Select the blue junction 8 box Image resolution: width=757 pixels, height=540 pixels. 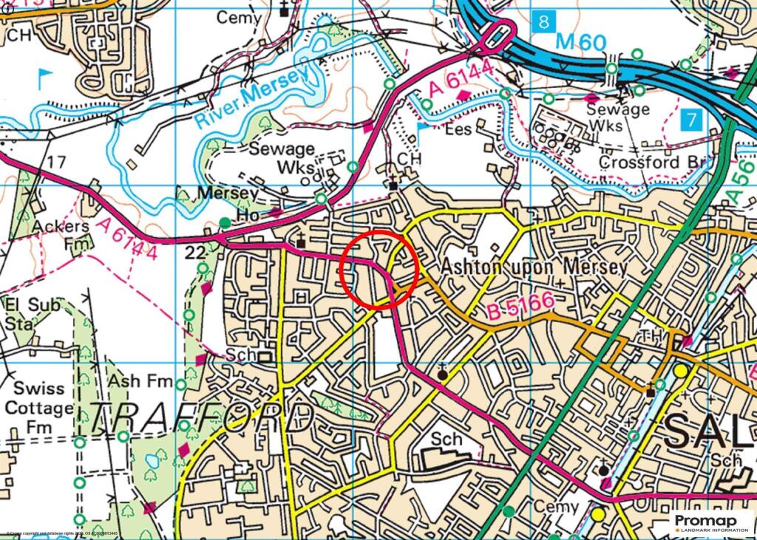click(x=543, y=21)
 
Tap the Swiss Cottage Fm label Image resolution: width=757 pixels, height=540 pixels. click(x=38, y=407)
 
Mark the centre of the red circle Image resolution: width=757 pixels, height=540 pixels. click(x=380, y=269)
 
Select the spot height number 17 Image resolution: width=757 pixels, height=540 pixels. click(x=55, y=161)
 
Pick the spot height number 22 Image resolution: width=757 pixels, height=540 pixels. click(x=194, y=253)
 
